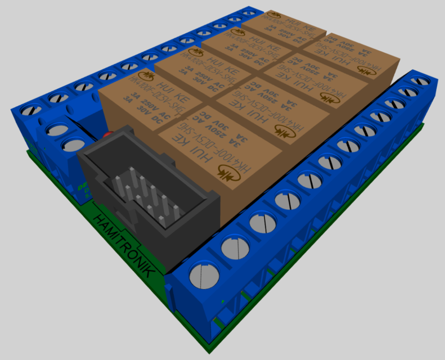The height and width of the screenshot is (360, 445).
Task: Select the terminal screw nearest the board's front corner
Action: point(203,276)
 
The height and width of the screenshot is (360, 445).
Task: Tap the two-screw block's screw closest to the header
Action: point(72,146)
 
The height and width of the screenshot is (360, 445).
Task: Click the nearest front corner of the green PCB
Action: point(208,352)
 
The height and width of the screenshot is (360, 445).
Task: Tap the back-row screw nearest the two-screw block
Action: point(29,110)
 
